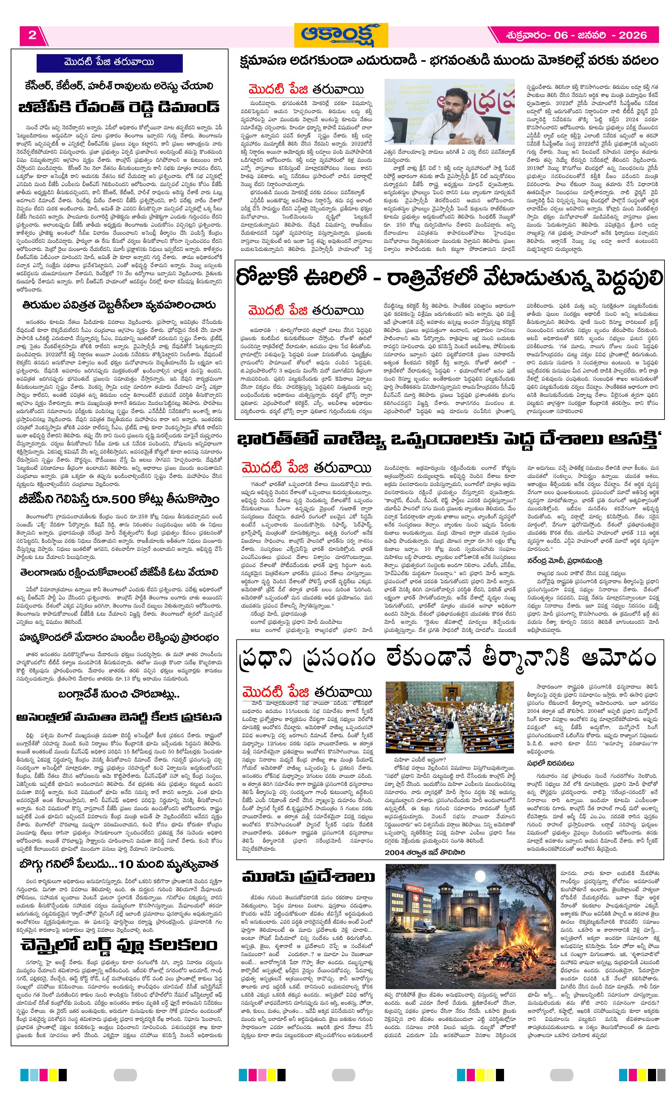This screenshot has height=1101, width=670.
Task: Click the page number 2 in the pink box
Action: coord(32,35)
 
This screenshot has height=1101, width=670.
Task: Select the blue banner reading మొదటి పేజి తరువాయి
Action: coord(110,63)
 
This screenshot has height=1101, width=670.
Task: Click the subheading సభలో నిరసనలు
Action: coord(550,763)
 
